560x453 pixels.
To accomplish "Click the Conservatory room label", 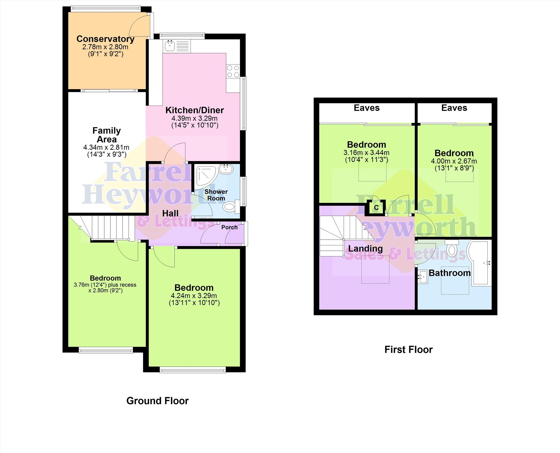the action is (x=105, y=39).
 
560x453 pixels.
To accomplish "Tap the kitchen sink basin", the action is (x=170, y=46).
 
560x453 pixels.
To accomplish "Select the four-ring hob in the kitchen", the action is (x=233, y=71).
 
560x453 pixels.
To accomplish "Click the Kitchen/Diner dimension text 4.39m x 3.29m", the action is (x=194, y=118).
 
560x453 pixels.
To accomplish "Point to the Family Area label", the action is (x=106, y=135).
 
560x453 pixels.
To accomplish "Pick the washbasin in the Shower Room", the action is (x=226, y=169).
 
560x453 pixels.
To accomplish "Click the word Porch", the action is (x=229, y=227).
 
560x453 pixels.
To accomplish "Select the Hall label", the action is (x=170, y=213).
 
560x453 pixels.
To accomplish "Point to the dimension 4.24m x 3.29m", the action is (x=194, y=296).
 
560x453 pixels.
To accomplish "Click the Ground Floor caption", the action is (x=157, y=401).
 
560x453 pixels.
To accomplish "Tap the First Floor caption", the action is (x=409, y=349).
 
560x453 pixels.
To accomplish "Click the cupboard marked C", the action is (x=376, y=207).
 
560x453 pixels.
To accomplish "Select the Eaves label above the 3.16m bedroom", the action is (x=366, y=108).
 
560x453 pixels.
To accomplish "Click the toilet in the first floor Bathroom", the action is (x=452, y=248).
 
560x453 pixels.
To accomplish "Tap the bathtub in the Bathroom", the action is (x=479, y=262).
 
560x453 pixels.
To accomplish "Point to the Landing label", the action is (x=365, y=249).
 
